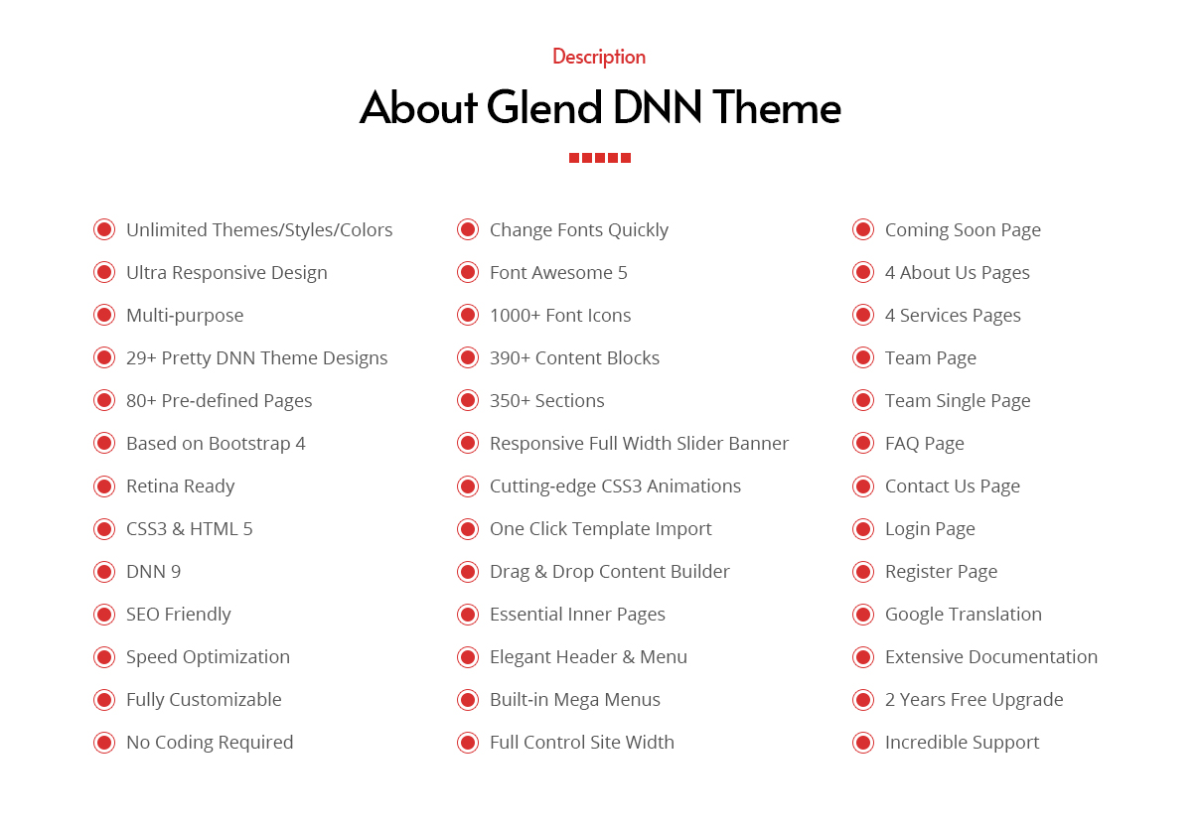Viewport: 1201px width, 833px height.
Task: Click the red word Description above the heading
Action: [599, 57]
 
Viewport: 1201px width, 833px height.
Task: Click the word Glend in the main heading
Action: [544, 107]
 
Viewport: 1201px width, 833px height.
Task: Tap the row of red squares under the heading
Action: [599, 158]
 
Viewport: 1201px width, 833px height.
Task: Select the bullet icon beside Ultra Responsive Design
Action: [104, 272]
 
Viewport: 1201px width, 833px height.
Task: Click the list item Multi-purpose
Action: [185, 316]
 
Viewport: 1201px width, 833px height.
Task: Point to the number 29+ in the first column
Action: [141, 358]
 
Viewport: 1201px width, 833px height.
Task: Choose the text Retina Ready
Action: [180, 486]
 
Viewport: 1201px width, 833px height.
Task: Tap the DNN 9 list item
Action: [153, 572]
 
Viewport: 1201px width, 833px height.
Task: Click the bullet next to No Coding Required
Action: [104, 743]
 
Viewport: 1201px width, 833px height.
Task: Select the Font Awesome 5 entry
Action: [558, 273]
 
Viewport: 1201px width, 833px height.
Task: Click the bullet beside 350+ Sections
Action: [468, 400]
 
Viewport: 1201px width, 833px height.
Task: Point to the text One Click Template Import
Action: [600, 529]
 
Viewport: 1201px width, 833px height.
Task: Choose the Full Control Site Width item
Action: [582, 743]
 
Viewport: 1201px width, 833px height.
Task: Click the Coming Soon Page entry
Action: [963, 230]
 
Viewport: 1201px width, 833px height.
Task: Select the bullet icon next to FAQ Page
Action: [863, 443]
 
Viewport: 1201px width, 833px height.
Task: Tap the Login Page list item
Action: [930, 529]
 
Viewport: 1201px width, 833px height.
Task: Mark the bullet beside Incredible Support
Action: [863, 743]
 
